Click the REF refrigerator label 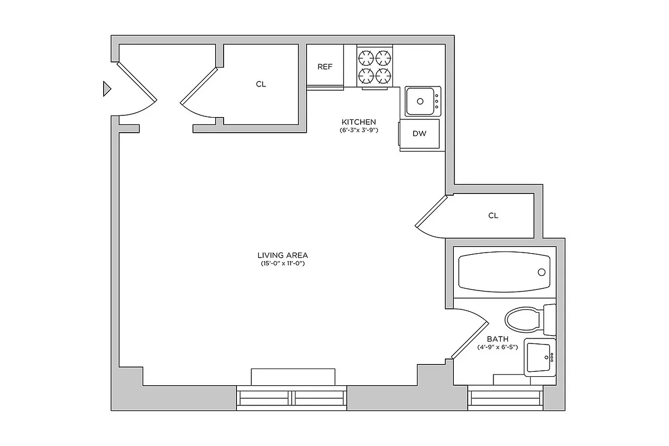tap(324, 67)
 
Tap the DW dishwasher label tap(419, 134)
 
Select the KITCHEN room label tap(359, 122)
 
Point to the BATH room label tap(497, 339)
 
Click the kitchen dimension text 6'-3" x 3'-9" tap(359, 130)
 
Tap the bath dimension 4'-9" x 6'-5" tap(497, 347)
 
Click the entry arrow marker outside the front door tap(107, 89)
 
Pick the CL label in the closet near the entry tap(261, 85)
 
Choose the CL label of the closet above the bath tap(493, 216)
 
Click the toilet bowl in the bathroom tap(522, 321)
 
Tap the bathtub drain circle tap(541, 272)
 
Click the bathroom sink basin tap(538, 357)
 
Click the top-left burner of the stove tap(367, 57)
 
